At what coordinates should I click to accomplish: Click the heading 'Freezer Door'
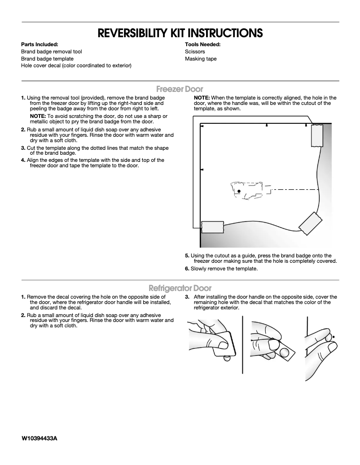tap(180, 89)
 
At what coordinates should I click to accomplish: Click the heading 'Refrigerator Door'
tap(180, 288)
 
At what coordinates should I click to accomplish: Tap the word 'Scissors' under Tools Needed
tap(195, 52)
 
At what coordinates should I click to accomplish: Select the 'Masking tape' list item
tap(201, 59)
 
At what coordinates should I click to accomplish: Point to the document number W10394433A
tap(39, 438)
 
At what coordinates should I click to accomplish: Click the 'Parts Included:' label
tap(40, 44)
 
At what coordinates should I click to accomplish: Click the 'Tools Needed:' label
tap(202, 44)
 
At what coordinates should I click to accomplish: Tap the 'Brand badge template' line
tap(47, 59)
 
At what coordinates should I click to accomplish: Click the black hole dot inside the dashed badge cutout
tap(239, 191)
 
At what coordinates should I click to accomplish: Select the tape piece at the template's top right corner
tap(317, 135)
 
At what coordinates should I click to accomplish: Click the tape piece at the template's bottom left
tap(212, 227)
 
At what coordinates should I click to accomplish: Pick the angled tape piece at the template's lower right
tap(310, 223)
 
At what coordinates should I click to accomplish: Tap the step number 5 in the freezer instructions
tap(187, 256)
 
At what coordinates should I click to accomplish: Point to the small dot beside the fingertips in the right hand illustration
tap(335, 336)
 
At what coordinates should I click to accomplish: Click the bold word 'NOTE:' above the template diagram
tap(202, 98)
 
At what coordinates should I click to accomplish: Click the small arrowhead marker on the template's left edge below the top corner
tap(202, 169)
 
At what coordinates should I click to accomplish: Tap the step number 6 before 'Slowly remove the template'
tap(187, 269)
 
